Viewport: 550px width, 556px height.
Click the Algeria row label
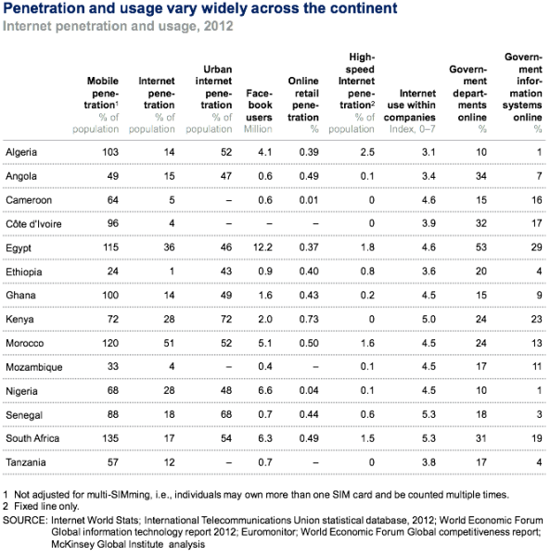click(21, 152)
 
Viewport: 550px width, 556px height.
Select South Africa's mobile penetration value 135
click(110, 438)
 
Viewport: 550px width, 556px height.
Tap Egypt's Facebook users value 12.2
click(262, 247)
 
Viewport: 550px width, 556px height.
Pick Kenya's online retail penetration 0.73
click(309, 319)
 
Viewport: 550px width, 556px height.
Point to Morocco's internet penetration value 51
click(169, 343)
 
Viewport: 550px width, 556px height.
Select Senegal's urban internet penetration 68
click(226, 414)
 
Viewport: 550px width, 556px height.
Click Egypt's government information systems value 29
click(536, 247)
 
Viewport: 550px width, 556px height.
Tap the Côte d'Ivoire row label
click(33, 223)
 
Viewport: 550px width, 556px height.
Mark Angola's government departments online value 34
click(480, 176)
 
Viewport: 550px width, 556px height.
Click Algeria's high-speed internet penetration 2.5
click(367, 152)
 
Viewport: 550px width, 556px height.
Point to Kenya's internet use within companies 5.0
click(428, 319)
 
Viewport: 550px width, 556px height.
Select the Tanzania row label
click(26, 462)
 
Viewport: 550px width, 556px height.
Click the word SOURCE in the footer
click(25, 520)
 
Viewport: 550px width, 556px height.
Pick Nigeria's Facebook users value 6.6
click(265, 390)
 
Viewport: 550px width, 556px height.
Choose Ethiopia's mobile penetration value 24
click(113, 272)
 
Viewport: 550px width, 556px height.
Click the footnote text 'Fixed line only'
click(46, 506)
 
